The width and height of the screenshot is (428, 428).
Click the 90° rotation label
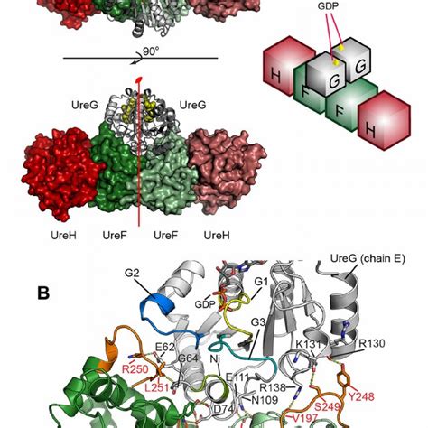coord(150,53)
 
